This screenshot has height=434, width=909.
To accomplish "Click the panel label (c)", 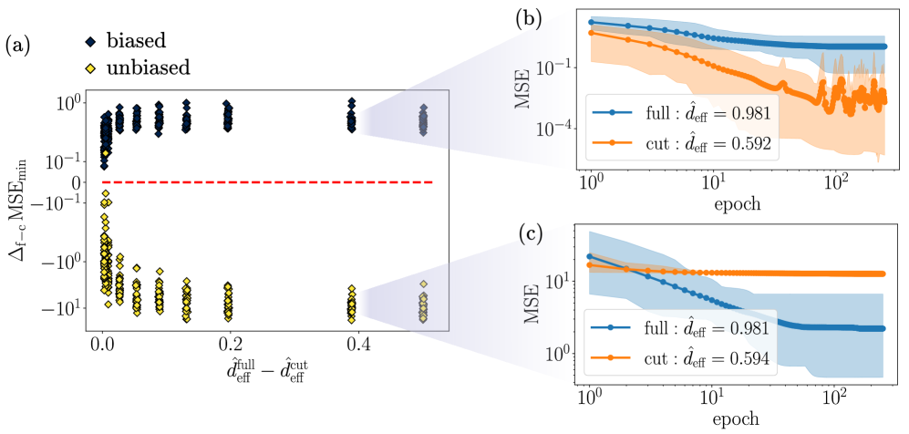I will (x=532, y=233).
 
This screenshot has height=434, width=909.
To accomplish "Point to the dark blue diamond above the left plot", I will (x=89, y=42).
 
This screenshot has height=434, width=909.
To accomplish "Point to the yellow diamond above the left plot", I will (x=89, y=68).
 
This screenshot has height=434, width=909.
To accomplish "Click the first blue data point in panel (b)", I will (x=592, y=22).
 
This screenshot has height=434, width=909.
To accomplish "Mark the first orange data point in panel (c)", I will (x=592, y=264).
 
